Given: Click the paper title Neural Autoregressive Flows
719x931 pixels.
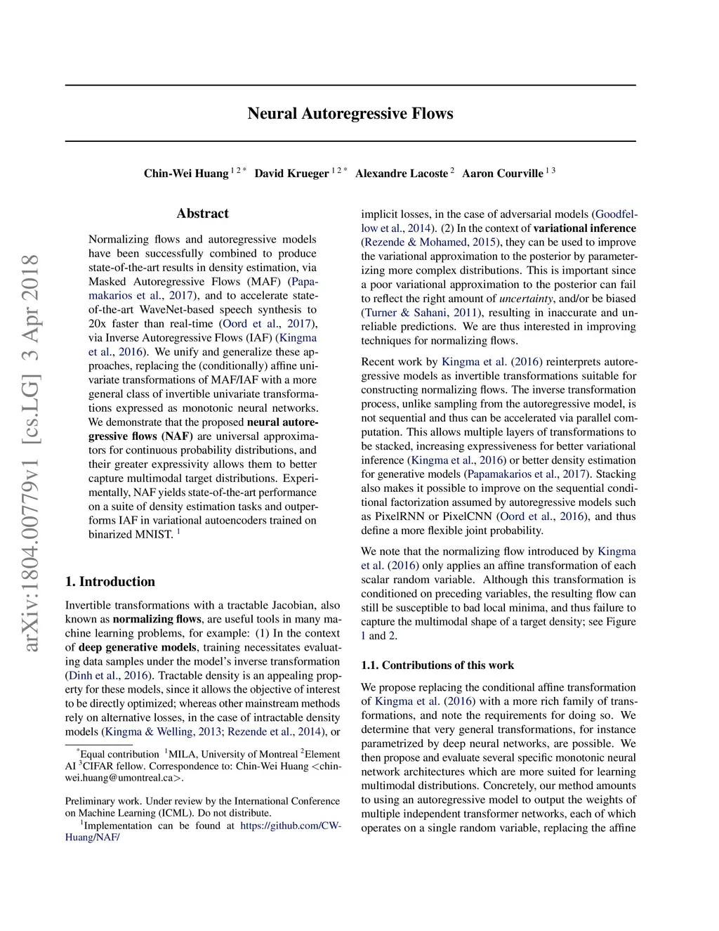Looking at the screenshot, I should tap(350, 114).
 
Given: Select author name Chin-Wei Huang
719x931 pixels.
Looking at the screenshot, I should tap(186, 174).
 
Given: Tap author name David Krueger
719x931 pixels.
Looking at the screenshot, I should tap(291, 174).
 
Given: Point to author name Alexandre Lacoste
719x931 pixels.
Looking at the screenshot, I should tap(401, 174).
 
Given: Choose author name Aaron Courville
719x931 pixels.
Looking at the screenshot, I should tap(502, 174).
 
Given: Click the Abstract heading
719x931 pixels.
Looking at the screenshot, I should tap(202, 214).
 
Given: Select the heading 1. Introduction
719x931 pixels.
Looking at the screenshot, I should tap(110, 582).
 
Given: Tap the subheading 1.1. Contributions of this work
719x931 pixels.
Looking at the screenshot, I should tap(437, 665).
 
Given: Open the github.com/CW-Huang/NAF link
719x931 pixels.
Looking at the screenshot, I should tap(290, 826).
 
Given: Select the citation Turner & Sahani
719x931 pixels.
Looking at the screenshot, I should tap(405, 313).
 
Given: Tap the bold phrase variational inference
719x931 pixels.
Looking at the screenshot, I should tap(584, 228).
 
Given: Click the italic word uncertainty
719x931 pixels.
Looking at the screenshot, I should tap(526, 299).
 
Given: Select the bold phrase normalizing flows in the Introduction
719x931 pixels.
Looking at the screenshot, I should tap(157, 620).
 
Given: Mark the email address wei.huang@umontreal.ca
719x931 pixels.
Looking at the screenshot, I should tap(123, 778).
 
